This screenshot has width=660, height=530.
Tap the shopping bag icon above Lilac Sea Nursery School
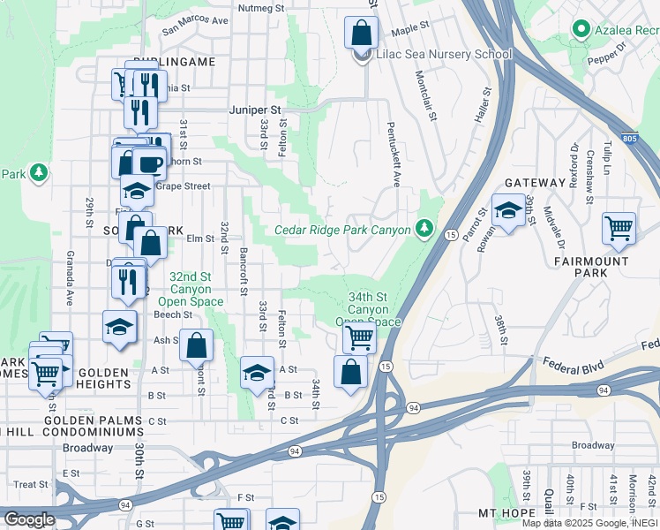pyautogui.click(x=361, y=34)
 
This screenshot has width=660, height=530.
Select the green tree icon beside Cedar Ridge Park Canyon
pyautogui.click(x=425, y=230)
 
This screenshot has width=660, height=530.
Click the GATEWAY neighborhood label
pyautogui.click(x=535, y=183)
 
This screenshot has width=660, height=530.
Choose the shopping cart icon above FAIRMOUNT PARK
pyautogui.click(x=619, y=228)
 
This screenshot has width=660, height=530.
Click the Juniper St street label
pyautogui.click(x=254, y=110)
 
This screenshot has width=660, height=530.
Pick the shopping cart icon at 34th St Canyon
pyautogui.click(x=359, y=337)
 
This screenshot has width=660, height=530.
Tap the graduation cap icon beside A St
pyautogui.click(x=257, y=372)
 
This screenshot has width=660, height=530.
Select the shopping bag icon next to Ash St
pyautogui.click(x=197, y=346)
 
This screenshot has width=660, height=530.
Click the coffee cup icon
pyautogui.click(x=148, y=163)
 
